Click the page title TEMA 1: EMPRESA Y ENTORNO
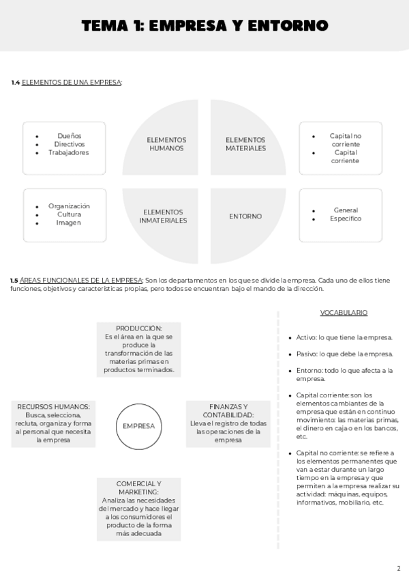[204, 26]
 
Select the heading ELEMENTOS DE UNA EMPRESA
[72, 83]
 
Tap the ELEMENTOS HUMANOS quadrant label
[166, 144]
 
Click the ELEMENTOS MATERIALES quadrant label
[245, 144]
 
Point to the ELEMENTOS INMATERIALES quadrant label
[164, 216]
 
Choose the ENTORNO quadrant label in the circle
[245, 216]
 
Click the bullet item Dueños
[70, 136]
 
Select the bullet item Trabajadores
[68, 152]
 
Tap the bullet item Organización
[69, 206]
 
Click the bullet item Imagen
[69, 223]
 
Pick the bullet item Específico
[346, 218]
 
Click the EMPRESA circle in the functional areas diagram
[138, 426]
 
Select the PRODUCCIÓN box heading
[139, 328]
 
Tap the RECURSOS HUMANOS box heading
[53, 407]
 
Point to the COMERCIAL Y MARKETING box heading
[139, 488]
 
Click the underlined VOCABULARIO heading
[344, 313]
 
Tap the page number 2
[398, 567]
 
